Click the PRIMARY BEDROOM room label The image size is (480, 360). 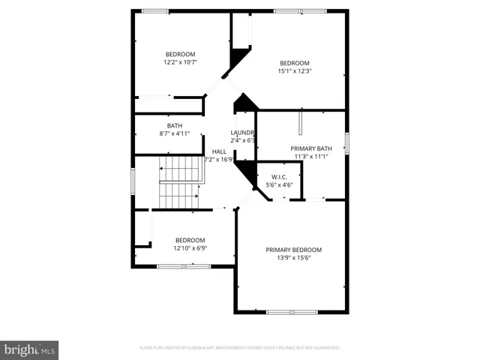point(293,250)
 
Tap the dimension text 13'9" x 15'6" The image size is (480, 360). point(293,258)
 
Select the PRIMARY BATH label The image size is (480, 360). point(310,148)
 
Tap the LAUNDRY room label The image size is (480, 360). point(243,133)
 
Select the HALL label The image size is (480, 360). point(219,151)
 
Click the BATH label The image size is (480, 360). point(174,125)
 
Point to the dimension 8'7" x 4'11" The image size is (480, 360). point(174,133)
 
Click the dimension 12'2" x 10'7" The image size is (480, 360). point(180,62)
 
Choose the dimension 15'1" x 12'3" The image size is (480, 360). point(295,71)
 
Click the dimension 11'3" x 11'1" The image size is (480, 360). point(310,157)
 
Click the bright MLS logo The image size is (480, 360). point(30,350)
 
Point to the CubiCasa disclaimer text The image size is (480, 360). point(240,348)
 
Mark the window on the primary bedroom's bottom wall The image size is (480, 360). point(292,311)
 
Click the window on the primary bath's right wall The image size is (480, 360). point(347,142)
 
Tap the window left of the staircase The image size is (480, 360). point(133,181)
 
